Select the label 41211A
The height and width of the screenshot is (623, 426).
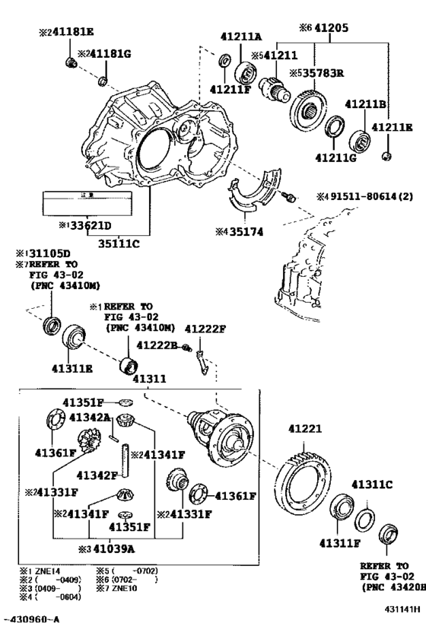pyautogui.click(x=242, y=35)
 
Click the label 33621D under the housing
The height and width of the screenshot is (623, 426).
pyautogui.click(x=85, y=225)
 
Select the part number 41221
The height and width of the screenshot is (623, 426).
pyautogui.click(x=306, y=430)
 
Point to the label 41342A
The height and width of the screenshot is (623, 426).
pyautogui.click(x=90, y=418)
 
